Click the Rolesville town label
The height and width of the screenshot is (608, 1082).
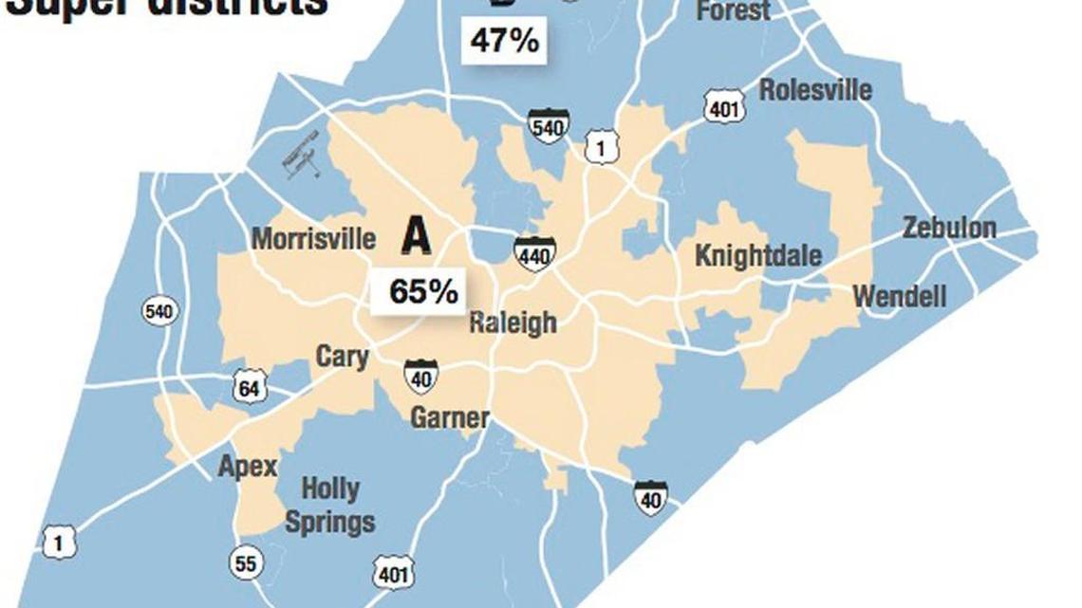pyautogui.click(x=815, y=90)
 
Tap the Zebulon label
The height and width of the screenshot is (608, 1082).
pyautogui.click(x=948, y=228)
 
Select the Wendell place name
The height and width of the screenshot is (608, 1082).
pyautogui.click(x=899, y=296)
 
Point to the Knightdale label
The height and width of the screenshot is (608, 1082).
pyautogui.click(x=758, y=255)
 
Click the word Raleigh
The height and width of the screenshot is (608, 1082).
pyautogui.click(x=513, y=322)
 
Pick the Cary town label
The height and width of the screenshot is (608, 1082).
pyautogui.click(x=342, y=357)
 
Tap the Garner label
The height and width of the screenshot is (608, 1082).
pyautogui.click(x=450, y=416)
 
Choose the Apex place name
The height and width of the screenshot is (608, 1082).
pyautogui.click(x=248, y=467)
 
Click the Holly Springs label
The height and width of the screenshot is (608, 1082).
pyautogui.click(x=330, y=506)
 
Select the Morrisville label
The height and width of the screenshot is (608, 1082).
pyautogui.click(x=313, y=237)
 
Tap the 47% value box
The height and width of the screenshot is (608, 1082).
pyautogui.click(x=504, y=42)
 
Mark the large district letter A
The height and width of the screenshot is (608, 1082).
pyautogui.click(x=416, y=236)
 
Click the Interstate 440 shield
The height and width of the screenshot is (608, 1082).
pyautogui.click(x=534, y=254)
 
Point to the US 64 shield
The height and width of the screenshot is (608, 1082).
pyautogui.click(x=250, y=387)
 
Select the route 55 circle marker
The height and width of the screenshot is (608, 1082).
pyautogui.click(x=245, y=563)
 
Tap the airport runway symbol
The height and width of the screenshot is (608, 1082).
pyautogui.click(x=303, y=155)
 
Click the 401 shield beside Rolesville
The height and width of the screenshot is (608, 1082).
pyautogui.click(x=723, y=109)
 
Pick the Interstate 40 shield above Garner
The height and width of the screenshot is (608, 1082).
pyautogui.click(x=420, y=377)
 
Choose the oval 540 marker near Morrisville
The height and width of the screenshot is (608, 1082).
pyautogui.click(x=159, y=310)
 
